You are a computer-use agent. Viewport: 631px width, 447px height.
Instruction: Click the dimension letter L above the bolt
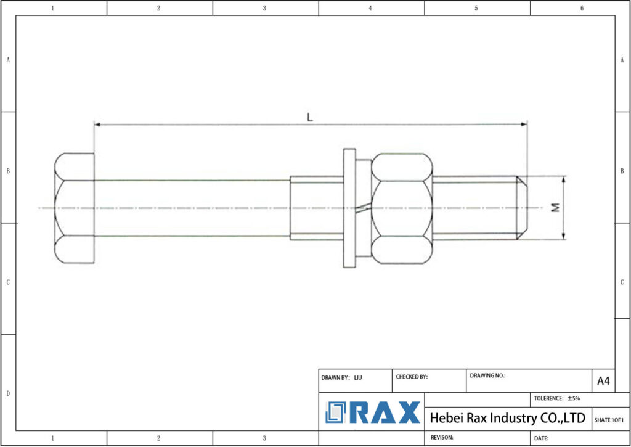click(310, 117)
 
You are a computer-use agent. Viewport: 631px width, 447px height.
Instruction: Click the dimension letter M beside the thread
click(555, 208)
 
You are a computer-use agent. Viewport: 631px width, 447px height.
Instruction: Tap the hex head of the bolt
click(74, 208)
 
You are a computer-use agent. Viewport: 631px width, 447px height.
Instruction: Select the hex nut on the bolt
click(402, 208)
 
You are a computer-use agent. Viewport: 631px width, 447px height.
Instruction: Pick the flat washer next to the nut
click(349, 208)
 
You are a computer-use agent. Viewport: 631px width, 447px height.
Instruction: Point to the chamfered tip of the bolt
click(522, 208)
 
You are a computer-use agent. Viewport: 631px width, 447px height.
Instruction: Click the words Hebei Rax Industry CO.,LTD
click(507, 419)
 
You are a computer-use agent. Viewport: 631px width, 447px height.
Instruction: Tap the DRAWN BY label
click(335, 377)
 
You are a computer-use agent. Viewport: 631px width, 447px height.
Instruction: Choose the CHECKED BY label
click(412, 377)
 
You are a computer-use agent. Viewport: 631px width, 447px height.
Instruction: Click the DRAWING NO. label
click(487, 375)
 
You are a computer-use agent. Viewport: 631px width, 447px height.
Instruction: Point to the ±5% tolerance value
click(574, 398)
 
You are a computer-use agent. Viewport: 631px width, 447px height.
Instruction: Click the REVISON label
click(441, 437)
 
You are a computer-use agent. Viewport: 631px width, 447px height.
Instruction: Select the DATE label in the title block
click(541, 438)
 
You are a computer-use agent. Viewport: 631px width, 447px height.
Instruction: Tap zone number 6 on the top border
click(582, 8)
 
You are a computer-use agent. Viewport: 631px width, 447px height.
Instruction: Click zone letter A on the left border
click(8, 60)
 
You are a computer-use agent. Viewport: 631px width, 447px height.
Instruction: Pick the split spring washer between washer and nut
click(364, 208)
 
